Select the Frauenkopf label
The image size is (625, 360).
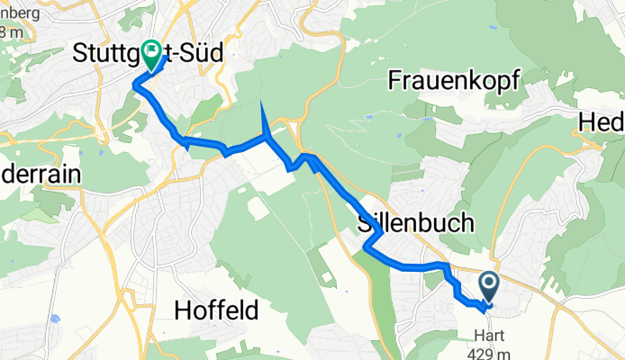[453, 80]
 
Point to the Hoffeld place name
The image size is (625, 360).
[215, 311]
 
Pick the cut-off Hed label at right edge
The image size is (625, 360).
[602, 123]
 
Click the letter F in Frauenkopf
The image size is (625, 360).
[394, 80]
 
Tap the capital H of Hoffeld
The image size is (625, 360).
[179, 311]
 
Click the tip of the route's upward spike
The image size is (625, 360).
[261, 105]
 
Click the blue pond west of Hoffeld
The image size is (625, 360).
[55, 319]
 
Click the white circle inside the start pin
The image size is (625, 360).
[489, 283]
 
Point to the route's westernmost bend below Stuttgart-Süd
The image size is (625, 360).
[135, 85]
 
